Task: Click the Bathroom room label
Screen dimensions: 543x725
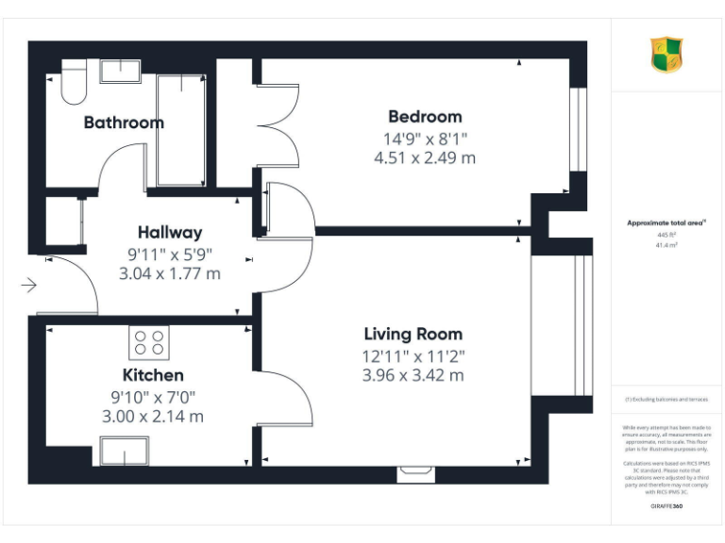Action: (124, 123)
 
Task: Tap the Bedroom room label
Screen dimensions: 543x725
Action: (425, 117)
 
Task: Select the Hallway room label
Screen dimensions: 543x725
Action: (170, 232)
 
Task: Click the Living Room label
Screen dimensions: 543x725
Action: (413, 334)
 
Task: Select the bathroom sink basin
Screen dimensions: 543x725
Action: (119, 71)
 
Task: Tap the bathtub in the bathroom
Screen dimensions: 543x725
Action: (180, 129)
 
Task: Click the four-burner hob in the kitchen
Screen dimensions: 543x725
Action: (148, 341)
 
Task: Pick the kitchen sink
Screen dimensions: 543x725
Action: (125, 450)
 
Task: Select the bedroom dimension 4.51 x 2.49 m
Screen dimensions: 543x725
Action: (425, 158)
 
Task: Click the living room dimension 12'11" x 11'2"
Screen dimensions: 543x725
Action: (413, 355)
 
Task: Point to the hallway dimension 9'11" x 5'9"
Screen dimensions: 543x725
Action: (170, 254)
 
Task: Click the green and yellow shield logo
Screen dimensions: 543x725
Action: (666, 55)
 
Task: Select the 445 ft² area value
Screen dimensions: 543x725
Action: (666, 234)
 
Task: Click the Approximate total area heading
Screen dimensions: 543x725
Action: (666, 222)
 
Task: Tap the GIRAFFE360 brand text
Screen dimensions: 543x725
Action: (666, 506)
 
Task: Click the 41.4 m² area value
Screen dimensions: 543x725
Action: (666, 244)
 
